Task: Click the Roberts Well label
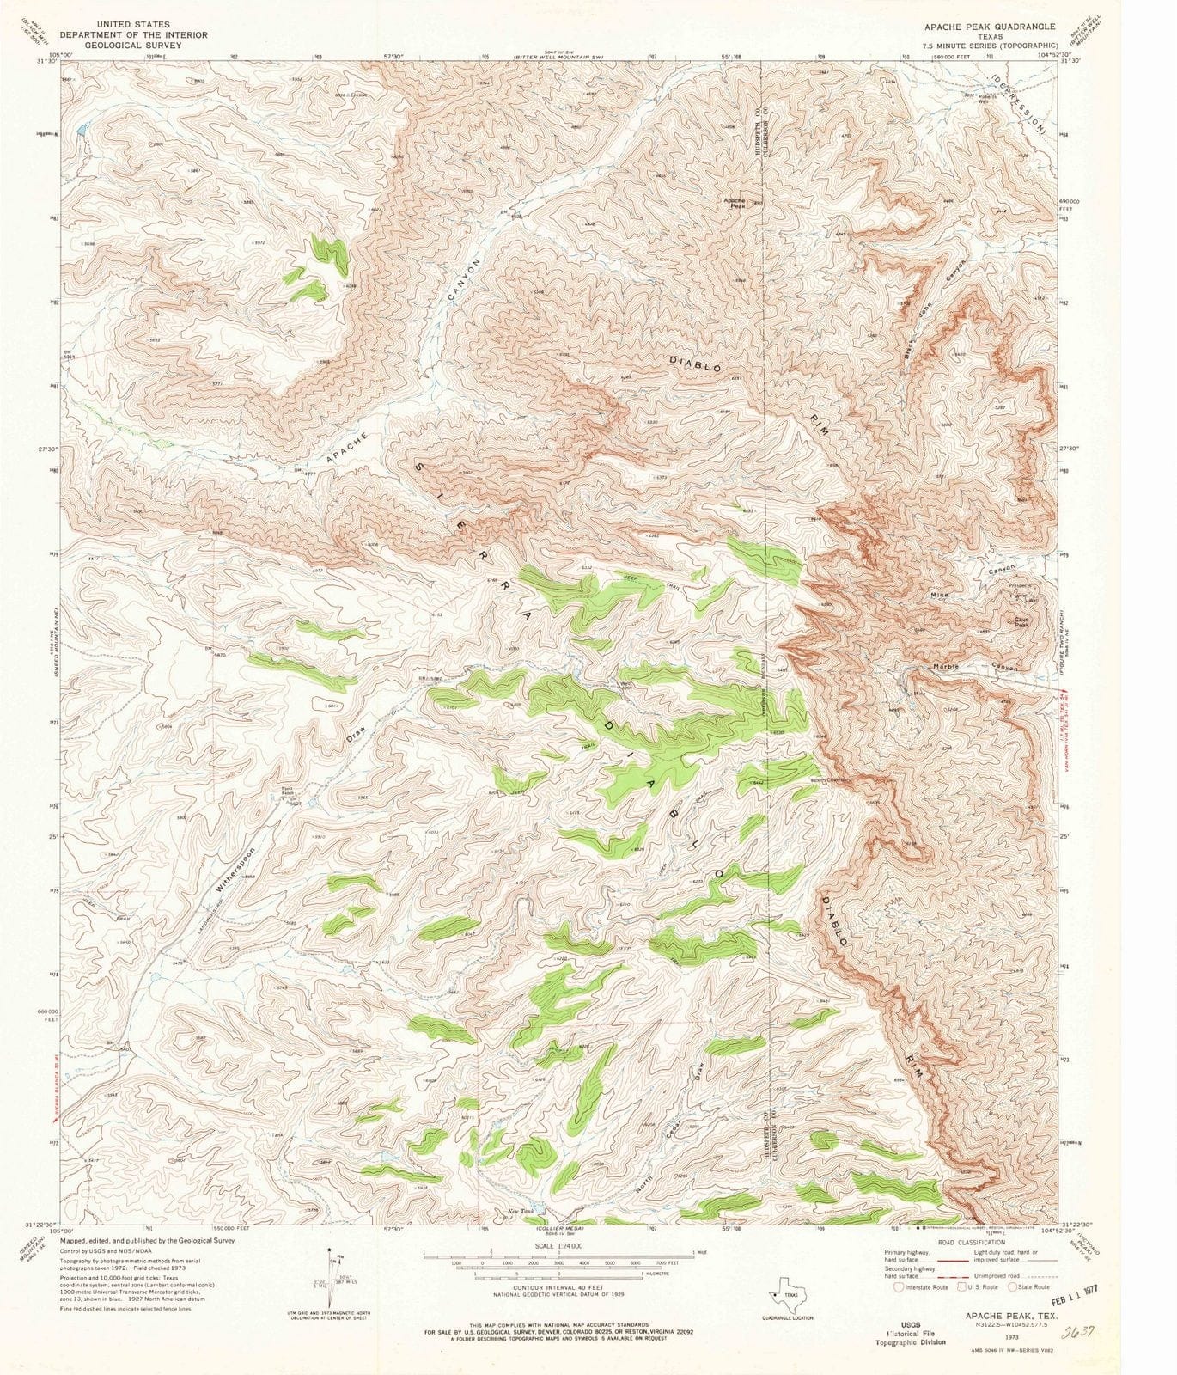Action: coord(988,98)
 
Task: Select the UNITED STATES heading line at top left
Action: coord(132,25)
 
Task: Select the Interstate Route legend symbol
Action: coord(900,1286)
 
